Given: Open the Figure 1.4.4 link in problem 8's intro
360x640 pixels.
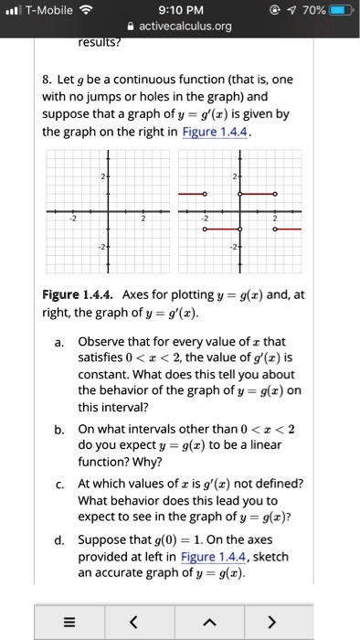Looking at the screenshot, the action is click(x=216, y=132).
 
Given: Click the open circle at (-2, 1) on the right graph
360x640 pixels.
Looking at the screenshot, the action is click(x=205, y=195).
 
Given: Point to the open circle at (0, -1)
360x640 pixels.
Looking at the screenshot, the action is click(x=240, y=229).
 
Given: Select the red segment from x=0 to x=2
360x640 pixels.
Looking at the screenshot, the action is click(x=257, y=195).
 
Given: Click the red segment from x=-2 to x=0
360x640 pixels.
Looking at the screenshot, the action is click(x=222, y=229).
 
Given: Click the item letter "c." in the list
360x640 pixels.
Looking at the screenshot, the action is click(x=58, y=484).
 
